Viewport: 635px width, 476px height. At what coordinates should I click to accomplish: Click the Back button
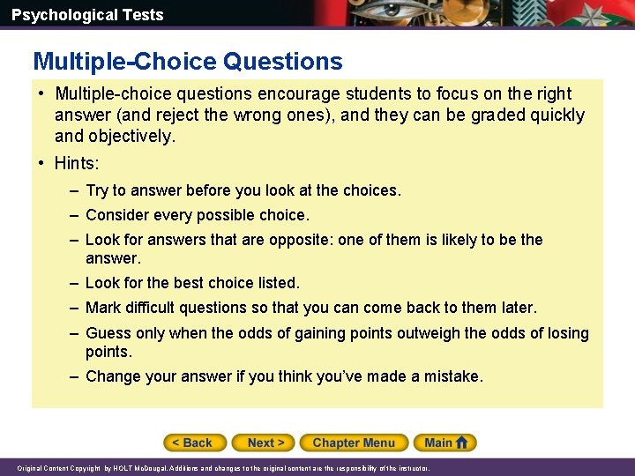coord(195,443)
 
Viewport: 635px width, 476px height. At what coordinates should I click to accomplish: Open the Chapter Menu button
coord(353,443)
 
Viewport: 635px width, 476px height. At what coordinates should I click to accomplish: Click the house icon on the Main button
coord(463,443)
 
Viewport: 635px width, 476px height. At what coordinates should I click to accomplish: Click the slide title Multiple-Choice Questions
coord(188,61)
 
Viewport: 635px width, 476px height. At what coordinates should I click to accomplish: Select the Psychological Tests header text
coord(87,15)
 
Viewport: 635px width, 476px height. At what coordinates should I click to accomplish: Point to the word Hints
coord(77,163)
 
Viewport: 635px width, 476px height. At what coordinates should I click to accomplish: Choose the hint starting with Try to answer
coord(243,190)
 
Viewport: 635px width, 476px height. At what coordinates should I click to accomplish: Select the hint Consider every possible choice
coord(197,215)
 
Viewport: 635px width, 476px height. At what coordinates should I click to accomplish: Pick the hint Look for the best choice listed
coord(192,283)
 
